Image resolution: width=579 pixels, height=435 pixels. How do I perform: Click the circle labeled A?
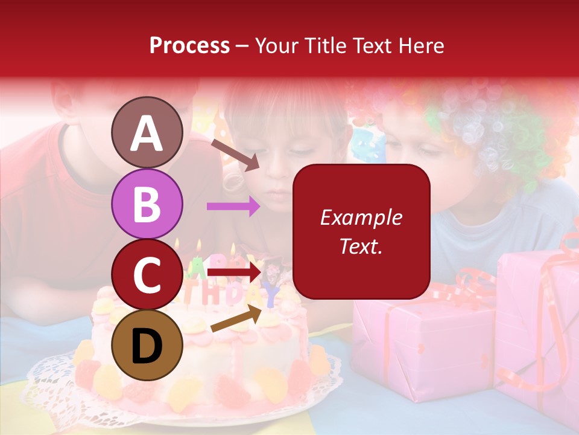[147, 133]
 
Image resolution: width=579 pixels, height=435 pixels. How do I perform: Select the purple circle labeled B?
[147, 204]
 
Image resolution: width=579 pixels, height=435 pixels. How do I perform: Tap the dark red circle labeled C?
[147, 274]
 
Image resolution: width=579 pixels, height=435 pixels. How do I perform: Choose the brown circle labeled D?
[147, 344]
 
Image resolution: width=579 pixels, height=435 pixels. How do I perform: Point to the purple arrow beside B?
[233, 207]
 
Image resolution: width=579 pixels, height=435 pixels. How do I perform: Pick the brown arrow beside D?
[235, 319]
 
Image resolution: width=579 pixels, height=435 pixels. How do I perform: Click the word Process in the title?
[189, 45]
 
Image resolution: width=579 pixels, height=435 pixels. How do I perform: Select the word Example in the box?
[361, 217]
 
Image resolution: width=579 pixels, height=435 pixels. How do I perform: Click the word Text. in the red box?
[361, 246]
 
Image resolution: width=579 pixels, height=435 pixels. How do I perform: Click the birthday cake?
[199, 356]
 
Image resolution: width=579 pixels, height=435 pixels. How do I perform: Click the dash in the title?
[242, 46]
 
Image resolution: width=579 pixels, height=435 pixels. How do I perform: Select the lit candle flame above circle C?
[198, 245]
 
